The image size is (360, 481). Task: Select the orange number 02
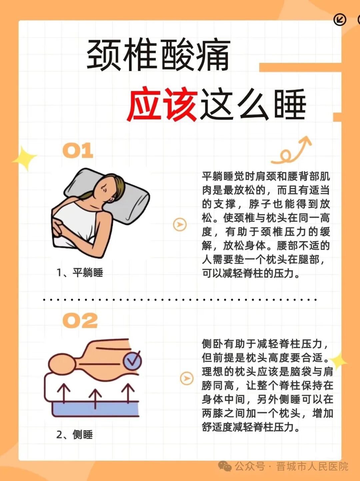80,321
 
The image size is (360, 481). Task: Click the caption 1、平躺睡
80,273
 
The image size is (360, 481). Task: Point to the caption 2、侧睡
74,435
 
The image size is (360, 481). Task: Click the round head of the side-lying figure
62,364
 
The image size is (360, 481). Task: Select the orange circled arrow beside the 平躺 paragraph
180,224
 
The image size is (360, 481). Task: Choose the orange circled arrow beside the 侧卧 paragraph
187,378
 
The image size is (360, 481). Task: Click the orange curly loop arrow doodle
291,151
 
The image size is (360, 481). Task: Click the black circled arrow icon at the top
340,20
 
